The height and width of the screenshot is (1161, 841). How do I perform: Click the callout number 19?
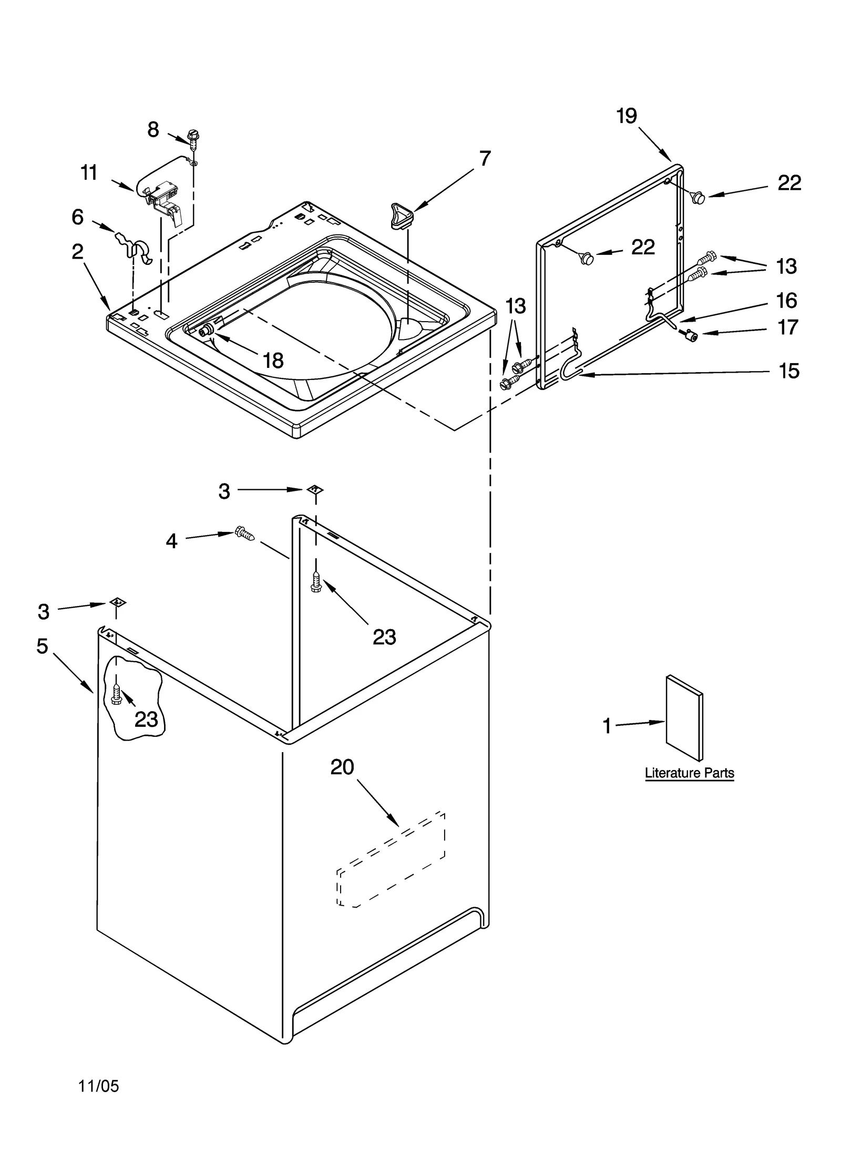coord(626,116)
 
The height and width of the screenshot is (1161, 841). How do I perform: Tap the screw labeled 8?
coord(193,138)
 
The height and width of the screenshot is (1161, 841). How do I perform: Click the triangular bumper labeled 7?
coord(402,215)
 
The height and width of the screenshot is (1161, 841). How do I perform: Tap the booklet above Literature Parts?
coord(684,718)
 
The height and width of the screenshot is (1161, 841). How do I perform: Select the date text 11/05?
coord(99,1086)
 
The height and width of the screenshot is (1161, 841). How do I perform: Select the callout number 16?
coord(786,301)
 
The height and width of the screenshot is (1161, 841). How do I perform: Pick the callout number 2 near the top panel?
coord(77,252)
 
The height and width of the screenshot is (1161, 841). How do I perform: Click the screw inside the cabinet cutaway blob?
coord(117,695)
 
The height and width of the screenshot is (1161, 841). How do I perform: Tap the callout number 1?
coord(607,726)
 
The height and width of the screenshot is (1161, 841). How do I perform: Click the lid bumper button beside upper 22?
coord(699,198)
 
